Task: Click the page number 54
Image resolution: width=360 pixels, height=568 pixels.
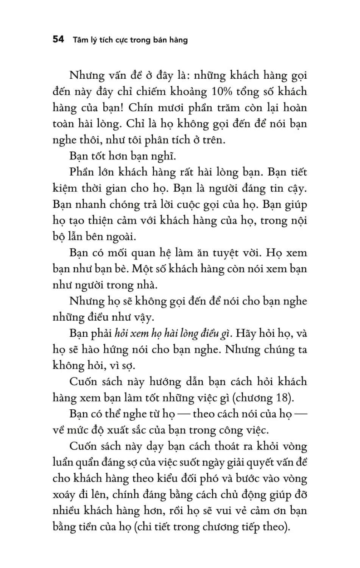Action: pos(59,39)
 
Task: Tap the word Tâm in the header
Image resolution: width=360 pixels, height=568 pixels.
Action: pos(80,40)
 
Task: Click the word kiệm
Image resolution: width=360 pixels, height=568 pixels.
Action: pos(65,188)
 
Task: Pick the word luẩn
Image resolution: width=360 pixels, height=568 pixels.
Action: pos(64,462)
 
